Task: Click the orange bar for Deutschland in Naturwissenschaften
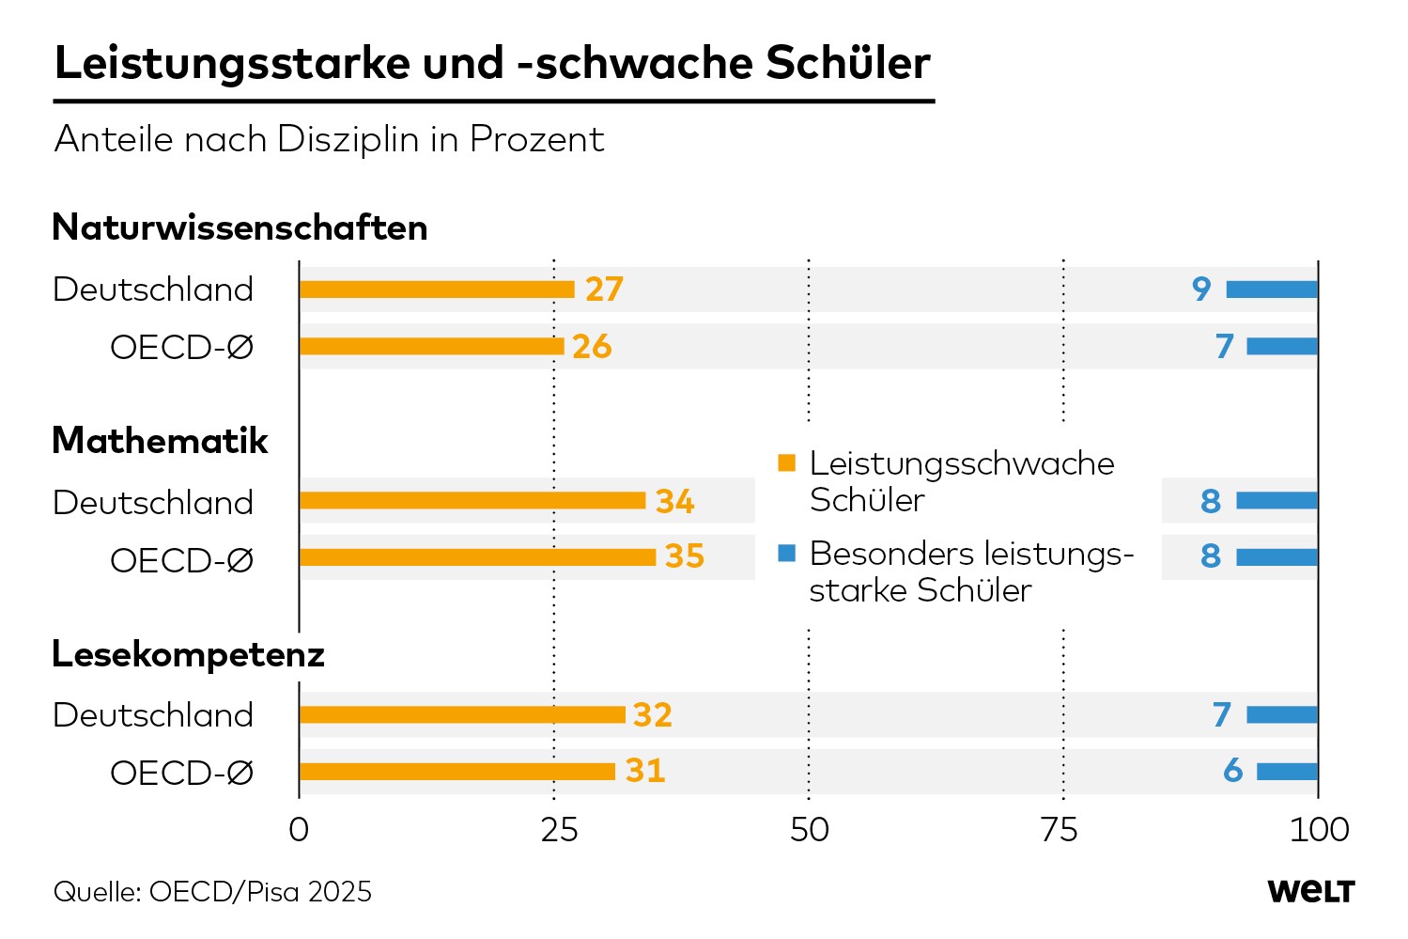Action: click(x=437, y=290)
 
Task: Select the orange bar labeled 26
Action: click(x=432, y=346)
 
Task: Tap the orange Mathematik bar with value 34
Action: click(x=472, y=501)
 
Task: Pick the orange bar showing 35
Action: click(x=478, y=557)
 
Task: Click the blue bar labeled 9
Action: click(x=1272, y=290)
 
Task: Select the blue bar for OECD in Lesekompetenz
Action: click(x=1287, y=772)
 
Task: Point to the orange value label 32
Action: click(x=653, y=715)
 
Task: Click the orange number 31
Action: click(x=645, y=771)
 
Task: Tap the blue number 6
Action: click(x=1232, y=771)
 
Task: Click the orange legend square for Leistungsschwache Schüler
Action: click(x=786, y=462)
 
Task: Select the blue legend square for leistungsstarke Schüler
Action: click(x=786, y=553)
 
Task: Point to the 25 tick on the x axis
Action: click(x=560, y=830)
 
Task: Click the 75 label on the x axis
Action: click(x=1060, y=830)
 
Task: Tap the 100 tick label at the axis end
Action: click(x=1319, y=830)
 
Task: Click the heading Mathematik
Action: click(x=160, y=440)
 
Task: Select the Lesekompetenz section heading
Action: click(x=188, y=655)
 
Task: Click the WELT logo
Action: click(x=1311, y=891)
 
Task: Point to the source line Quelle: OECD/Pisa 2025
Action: click(x=212, y=892)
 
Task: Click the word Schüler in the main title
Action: click(x=848, y=63)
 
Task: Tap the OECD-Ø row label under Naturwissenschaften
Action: click(x=181, y=347)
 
